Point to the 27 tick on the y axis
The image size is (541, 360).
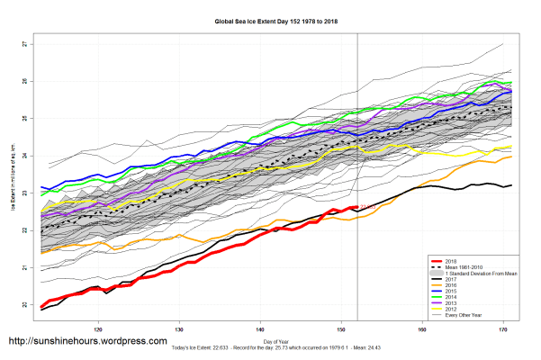tap(24, 44)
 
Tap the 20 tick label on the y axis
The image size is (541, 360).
tap(24, 305)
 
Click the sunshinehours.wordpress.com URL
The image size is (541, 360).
tap(87, 342)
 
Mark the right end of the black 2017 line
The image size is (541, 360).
tap(511, 185)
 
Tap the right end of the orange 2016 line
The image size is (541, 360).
tap(512, 157)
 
